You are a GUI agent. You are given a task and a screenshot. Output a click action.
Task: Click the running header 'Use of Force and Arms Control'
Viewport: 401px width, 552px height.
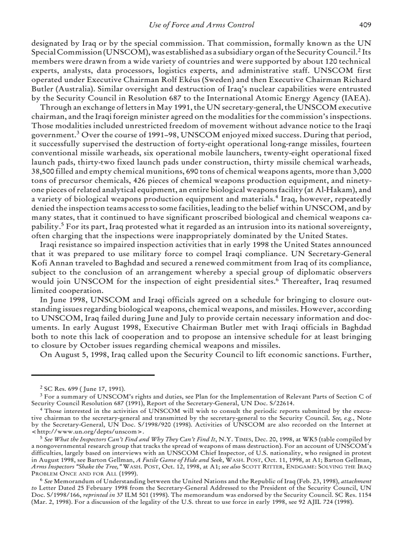(201, 25)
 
